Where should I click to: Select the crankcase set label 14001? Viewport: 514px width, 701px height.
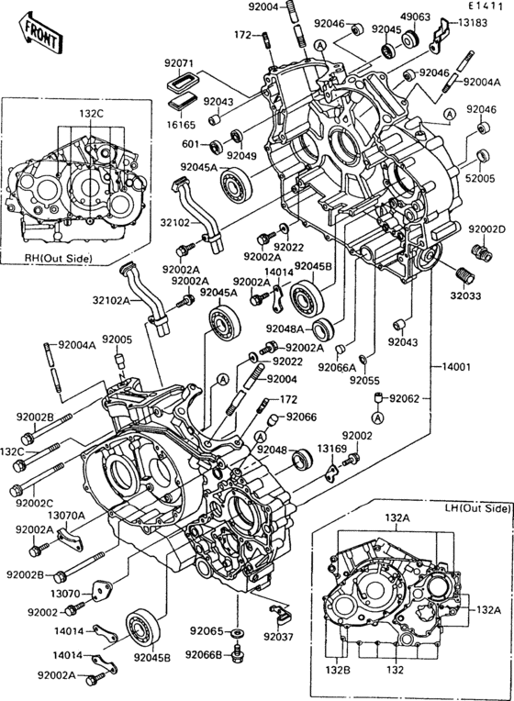pyautogui.click(x=453, y=367)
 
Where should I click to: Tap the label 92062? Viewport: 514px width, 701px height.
pyautogui.click(x=405, y=398)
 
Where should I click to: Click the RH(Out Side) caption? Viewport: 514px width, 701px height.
pyautogui.click(x=58, y=259)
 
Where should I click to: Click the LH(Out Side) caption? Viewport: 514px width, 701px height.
pyautogui.click(x=476, y=507)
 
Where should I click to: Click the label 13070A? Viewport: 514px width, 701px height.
pyautogui.click(x=66, y=515)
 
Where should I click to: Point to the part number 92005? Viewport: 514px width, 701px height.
pyautogui.click(x=117, y=339)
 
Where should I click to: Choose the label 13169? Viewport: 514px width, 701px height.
pyautogui.click(x=332, y=449)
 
